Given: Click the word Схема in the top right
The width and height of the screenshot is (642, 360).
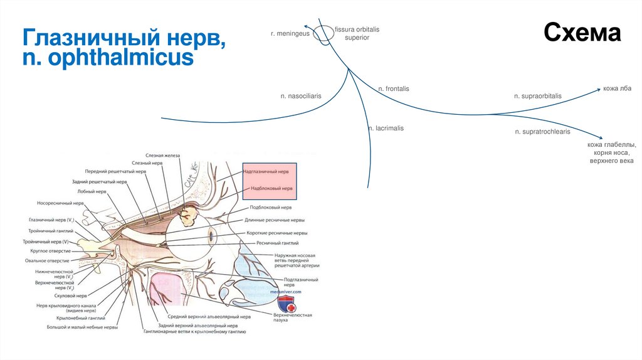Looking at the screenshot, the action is pyautogui.click(x=582, y=33).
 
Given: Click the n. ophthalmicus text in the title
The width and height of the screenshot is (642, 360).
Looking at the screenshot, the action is pyautogui.click(x=108, y=58).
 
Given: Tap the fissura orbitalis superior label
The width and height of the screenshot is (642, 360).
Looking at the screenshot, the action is pyautogui.click(x=357, y=33).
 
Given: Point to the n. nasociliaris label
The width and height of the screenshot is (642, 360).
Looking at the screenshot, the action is pyautogui.click(x=301, y=96).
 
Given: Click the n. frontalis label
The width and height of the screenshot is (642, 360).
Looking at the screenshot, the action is pyautogui.click(x=393, y=89).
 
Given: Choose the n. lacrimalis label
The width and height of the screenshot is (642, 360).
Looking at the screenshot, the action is pyautogui.click(x=386, y=128).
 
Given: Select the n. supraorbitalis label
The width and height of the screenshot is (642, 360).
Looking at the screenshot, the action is pyautogui.click(x=537, y=96).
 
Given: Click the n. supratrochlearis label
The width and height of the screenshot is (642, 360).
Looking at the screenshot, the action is pyautogui.click(x=542, y=132).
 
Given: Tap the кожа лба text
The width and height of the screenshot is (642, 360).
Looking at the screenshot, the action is pyautogui.click(x=618, y=89).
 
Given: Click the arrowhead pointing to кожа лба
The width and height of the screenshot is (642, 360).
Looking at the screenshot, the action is pyautogui.click(x=598, y=90).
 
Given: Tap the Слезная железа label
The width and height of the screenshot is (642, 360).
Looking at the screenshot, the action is pyautogui.click(x=162, y=155).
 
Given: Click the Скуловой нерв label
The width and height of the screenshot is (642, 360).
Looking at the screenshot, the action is pyautogui.click(x=70, y=295).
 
